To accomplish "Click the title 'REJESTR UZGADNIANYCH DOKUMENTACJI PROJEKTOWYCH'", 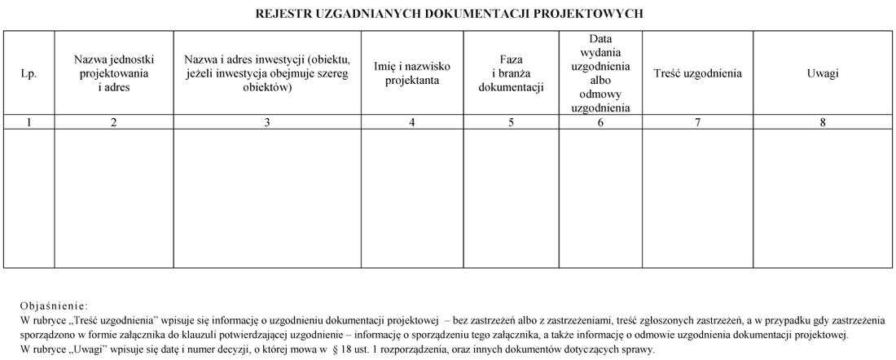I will point(449,14).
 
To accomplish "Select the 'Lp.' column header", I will point(29,73).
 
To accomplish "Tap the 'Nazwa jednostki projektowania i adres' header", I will point(114,73).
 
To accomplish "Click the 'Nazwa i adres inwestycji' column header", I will point(267,73).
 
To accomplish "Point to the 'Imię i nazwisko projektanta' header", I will point(412,73).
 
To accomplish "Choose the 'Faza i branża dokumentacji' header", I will point(512,73).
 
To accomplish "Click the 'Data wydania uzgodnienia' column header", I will point(601,73).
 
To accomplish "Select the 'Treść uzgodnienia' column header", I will point(697,73).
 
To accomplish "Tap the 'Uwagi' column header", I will point(823,73).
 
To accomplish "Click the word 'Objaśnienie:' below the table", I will point(52,306).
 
